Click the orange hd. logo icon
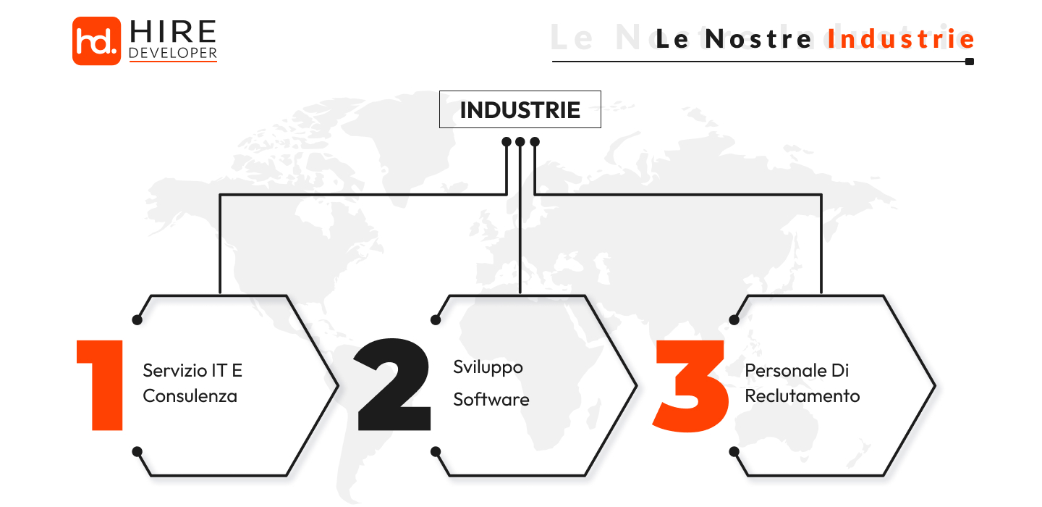tap(96, 41)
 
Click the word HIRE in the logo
tap(173, 32)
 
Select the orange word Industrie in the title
tap(902, 39)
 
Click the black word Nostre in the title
tap(759, 39)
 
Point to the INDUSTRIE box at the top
tap(520, 109)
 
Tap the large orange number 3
tap(691, 384)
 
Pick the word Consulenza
tap(190, 396)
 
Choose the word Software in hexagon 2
tap(491, 399)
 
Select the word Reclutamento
tap(802, 396)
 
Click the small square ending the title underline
tap(970, 62)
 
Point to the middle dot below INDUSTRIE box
tap(520, 141)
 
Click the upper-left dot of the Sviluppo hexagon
tap(436, 319)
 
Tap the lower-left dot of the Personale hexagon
tap(734, 451)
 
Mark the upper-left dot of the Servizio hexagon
tap(137, 319)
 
